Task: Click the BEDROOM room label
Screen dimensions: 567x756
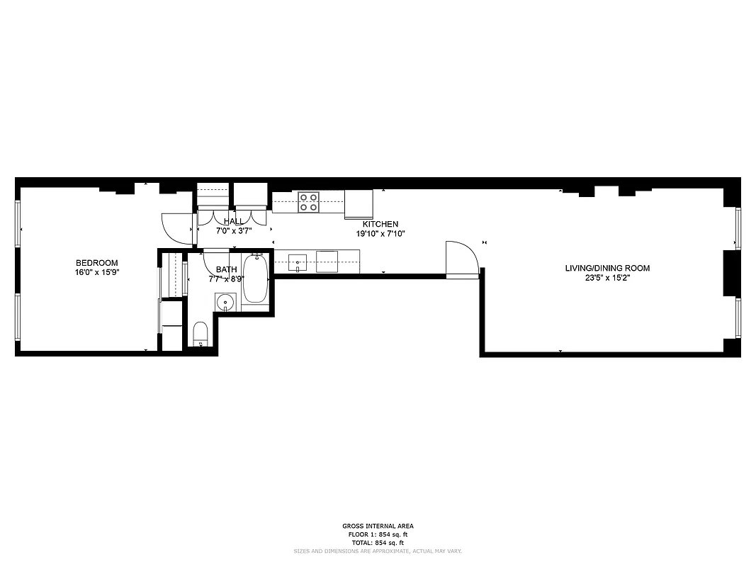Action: pos(96,263)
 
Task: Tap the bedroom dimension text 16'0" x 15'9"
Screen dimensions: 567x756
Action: pos(96,272)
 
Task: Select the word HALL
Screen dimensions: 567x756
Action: pos(234,222)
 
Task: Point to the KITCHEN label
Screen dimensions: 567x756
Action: pos(380,224)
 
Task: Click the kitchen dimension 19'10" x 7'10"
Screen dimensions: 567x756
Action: pos(380,233)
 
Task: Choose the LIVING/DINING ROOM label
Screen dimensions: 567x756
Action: pos(607,268)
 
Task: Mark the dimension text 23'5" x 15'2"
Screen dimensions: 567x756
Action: pos(607,278)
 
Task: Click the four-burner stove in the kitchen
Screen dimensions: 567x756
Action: pos(308,202)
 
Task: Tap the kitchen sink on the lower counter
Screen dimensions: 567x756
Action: pos(298,262)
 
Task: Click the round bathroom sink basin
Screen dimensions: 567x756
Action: pos(225,303)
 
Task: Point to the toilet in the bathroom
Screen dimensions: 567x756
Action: pos(201,334)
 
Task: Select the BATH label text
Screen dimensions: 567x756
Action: pos(227,269)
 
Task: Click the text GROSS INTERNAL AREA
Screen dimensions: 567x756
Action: pos(378,526)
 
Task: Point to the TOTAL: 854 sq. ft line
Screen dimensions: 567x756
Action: pos(378,542)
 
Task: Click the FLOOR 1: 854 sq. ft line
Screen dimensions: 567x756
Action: pos(378,534)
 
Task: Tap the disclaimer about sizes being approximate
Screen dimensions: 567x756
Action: pos(378,551)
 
